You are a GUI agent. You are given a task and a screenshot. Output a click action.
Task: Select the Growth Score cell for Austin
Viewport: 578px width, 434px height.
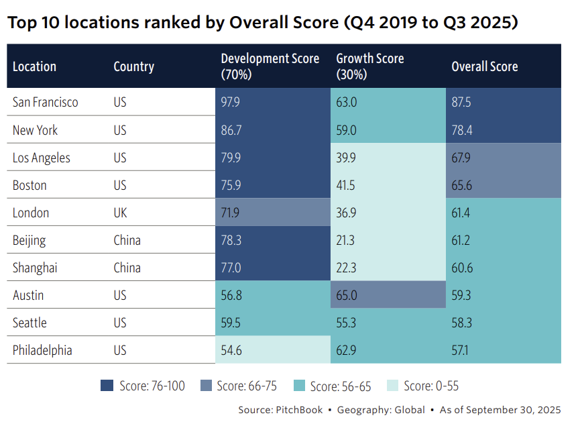(347, 295)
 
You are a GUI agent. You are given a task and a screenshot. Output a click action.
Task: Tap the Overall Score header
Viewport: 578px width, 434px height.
(484, 66)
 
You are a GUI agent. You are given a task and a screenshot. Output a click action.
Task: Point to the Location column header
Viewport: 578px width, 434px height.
(34, 66)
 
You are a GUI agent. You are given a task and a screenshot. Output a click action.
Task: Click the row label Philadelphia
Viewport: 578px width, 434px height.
(42, 350)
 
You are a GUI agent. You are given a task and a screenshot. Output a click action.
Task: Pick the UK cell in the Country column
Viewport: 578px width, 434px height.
(121, 213)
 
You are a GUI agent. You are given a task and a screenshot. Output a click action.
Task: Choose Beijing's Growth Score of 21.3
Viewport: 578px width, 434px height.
(347, 240)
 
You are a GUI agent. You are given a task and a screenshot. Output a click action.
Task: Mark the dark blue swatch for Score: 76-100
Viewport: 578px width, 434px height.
(107, 386)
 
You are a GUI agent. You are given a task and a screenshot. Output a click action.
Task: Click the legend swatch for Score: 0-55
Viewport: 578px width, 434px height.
(392, 386)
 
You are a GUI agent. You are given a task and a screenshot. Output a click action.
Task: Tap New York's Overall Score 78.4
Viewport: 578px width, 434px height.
(462, 130)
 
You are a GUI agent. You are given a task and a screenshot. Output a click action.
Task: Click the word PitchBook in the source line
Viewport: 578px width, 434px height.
(298, 410)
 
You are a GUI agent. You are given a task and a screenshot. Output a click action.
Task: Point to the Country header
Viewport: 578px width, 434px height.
(133, 66)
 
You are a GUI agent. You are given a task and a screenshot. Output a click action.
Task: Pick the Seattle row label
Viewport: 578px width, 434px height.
(30, 323)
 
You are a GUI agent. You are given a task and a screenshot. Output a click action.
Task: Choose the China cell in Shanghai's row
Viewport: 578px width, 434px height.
(127, 268)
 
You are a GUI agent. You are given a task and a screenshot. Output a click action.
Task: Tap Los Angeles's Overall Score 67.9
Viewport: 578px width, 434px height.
(462, 158)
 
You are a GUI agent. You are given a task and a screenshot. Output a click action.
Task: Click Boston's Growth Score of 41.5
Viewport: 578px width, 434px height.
(347, 185)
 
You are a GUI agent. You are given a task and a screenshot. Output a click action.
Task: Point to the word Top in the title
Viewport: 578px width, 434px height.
(21, 23)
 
